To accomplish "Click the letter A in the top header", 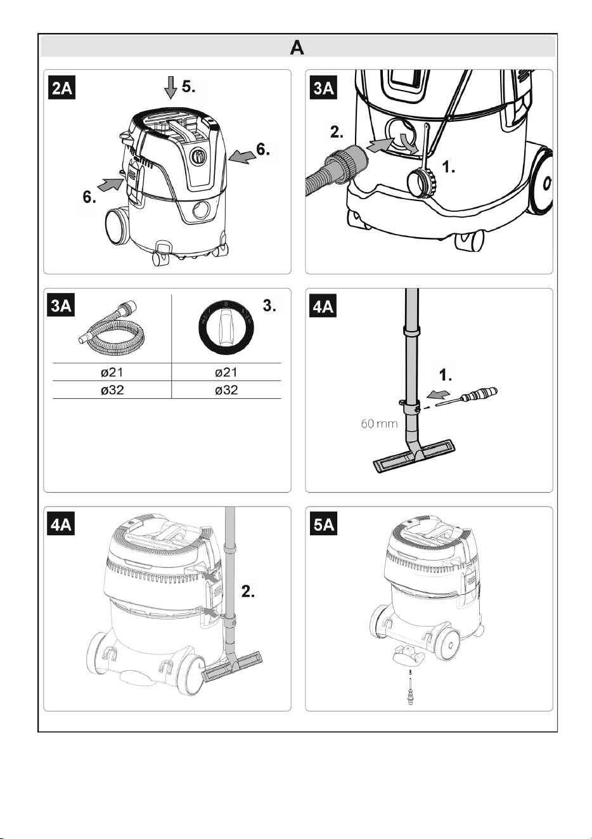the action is [297, 48].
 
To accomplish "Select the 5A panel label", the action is [323, 524].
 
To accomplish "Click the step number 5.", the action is [188, 86].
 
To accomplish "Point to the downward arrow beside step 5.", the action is [171, 88].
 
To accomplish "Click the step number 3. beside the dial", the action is [269, 306].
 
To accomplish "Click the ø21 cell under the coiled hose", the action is [112, 372].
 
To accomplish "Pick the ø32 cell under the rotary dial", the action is [226, 390].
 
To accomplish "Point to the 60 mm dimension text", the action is [379, 424].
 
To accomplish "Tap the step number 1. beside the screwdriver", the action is [445, 375].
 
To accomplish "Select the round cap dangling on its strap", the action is [421, 182].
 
